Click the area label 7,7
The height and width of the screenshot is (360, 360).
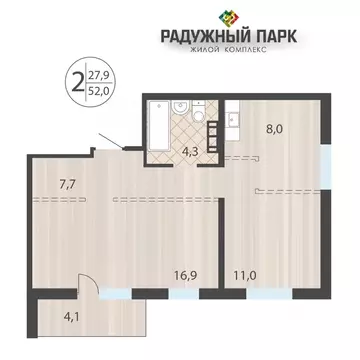click(70, 184)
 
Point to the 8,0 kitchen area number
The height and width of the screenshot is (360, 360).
click(273, 128)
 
